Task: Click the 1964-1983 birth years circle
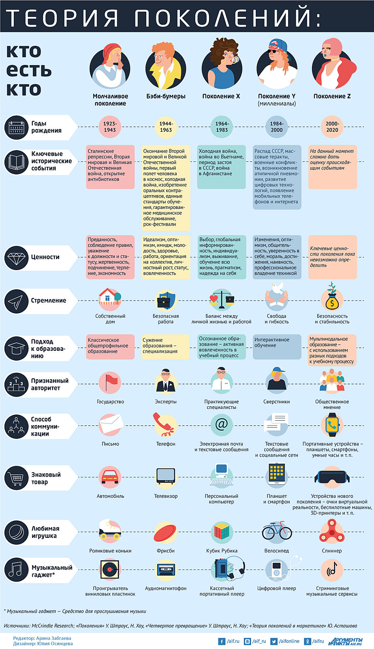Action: (222, 127)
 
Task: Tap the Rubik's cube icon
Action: (222, 531)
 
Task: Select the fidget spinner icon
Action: (332, 531)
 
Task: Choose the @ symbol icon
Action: (222, 425)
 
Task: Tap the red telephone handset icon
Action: (165, 424)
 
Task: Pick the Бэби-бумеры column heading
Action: (166, 96)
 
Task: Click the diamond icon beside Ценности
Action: (16, 257)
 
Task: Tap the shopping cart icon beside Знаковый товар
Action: (16, 478)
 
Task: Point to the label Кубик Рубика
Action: (222, 551)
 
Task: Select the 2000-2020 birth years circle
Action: (332, 127)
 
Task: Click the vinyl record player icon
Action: (110, 569)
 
